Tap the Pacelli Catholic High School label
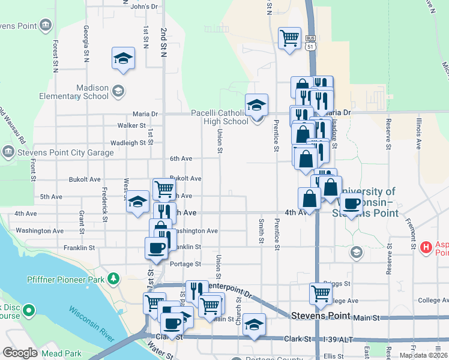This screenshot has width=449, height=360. pos(219,117)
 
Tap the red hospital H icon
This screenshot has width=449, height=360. pos(426,247)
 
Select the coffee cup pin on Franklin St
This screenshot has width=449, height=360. pos(157,247)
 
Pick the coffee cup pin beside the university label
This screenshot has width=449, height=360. pos(351,203)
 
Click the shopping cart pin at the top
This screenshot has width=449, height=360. pos(289,38)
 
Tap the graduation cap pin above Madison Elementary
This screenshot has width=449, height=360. pos(123,58)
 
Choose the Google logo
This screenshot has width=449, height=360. pos(20,353)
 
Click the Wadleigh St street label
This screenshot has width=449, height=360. pos(128,143)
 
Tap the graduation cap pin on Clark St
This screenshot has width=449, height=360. pos(255,325)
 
